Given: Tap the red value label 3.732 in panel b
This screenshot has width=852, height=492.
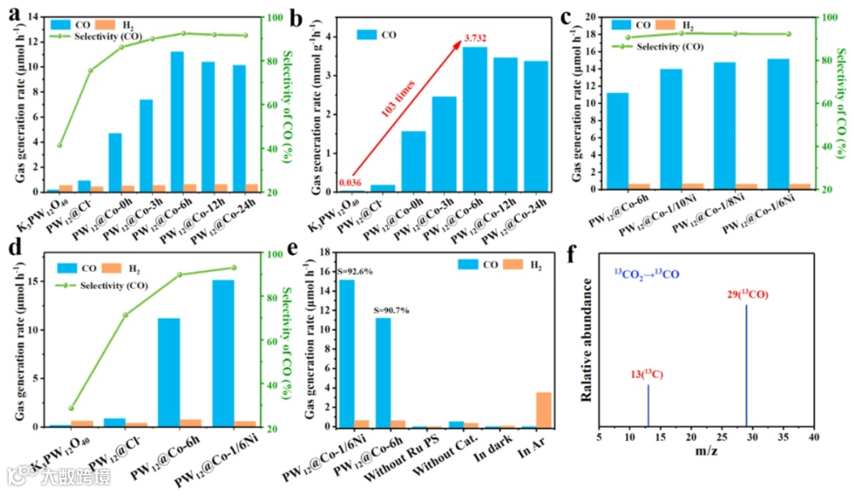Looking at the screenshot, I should (476, 38).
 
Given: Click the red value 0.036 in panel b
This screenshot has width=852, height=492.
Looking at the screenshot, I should (349, 183).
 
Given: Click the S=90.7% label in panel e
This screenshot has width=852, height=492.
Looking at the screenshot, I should (393, 310).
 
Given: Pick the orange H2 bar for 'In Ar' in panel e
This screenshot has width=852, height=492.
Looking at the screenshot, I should (544, 409).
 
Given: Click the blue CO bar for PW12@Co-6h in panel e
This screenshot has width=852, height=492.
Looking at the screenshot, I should (383, 372).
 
